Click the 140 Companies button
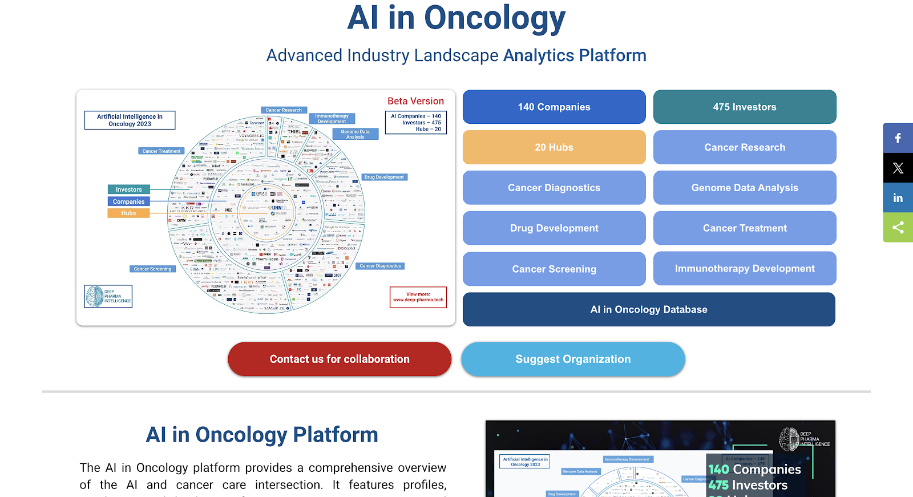click(x=554, y=107)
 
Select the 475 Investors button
click(x=745, y=107)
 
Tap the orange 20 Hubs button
click(x=554, y=147)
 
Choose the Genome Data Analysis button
click(x=745, y=188)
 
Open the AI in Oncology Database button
click(x=649, y=309)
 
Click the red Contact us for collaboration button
click(x=340, y=359)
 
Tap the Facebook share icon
click(x=898, y=138)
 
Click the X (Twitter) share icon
click(x=898, y=168)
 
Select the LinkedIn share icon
click(x=898, y=197)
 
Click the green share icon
click(x=898, y=227)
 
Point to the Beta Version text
click(x=415, y=101)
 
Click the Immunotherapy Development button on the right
click(x=745, y=268)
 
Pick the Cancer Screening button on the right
click(x=554, y=269)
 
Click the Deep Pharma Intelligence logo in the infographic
click(x=108, y=296)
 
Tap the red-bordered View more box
click(x=418, y=297)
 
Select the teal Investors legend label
click(x=129, y=189)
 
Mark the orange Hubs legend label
click(x=129, y=213)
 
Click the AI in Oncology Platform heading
click(x=262, y=435)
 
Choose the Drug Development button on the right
click(x=554, y=228)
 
